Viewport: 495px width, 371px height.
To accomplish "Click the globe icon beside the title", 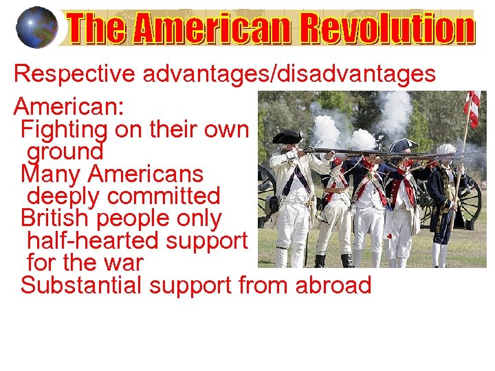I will (x=36, y=28).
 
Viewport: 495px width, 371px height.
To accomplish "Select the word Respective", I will (x=75, y=74).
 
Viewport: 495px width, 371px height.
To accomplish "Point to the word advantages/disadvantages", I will (x=289, y=74).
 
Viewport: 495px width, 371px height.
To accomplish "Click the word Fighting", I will (x=65, y=128).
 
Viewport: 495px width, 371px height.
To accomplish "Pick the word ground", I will (x=65, y=150).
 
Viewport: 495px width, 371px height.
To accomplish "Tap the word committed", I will (x=164, y=196).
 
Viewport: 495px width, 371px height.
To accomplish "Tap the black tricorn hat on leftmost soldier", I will (x=287, y=137).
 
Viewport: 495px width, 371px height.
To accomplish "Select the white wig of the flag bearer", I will (x=447, y=149).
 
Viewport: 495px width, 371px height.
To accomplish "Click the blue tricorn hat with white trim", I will (x=404, y=144).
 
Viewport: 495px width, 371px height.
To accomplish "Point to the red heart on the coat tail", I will (x=389, y=236).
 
